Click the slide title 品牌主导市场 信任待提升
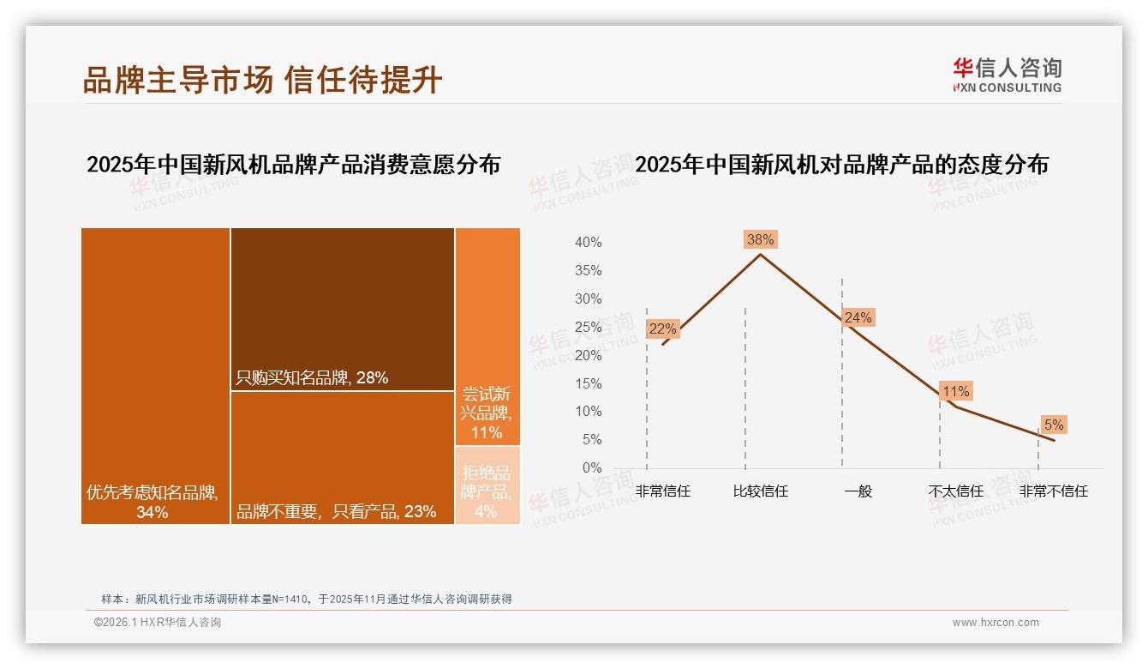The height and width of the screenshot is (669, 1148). [262, 80]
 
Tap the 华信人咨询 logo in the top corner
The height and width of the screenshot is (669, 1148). [1007, 75]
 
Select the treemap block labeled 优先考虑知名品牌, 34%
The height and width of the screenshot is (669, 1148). [155, 375]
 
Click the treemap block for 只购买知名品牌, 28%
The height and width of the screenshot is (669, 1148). [342, 308]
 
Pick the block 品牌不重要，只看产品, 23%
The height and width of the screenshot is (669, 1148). [342, 456]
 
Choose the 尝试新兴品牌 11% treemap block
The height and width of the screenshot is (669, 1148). [487, 336]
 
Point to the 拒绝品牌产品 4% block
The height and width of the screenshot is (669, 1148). [487, 485]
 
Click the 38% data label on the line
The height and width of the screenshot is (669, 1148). [760, 240]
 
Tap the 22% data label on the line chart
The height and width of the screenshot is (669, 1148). [662, 328]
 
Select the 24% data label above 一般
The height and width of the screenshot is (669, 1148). [858, 318]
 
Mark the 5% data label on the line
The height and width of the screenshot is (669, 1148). [1053, 425]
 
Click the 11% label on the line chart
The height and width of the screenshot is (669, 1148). [955, 392]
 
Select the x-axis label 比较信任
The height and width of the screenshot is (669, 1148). [760, 491]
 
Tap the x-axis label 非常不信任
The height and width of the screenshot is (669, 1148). [1053, 491]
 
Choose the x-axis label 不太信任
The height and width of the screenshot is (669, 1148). [955, 491]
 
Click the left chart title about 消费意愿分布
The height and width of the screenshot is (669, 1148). [293, 165]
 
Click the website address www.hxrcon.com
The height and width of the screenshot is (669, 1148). [996, 623]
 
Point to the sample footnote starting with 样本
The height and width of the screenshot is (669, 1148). [307, 599]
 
